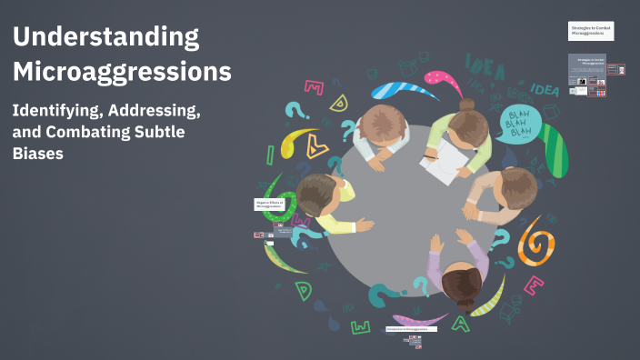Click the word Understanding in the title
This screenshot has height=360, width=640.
(106, 37)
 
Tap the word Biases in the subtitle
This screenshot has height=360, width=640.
(45, 154)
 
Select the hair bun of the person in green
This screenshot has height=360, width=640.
(466, 105)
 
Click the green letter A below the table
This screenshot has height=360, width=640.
(462, 321)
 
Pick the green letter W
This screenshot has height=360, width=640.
(361, 325)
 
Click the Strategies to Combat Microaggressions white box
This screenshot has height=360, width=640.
(591, 32)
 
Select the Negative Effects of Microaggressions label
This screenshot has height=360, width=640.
(269, 205)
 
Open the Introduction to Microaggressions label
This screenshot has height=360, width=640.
(411, 328)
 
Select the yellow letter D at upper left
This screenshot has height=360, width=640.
(338, 102)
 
